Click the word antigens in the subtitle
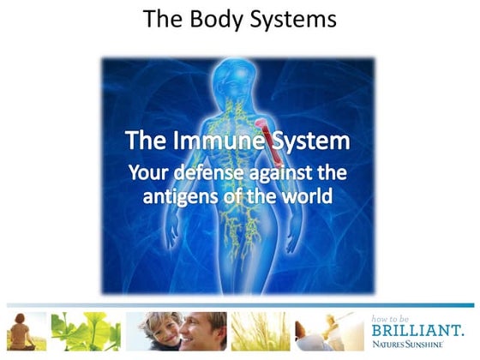tap(188, 195)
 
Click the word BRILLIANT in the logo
tap(418, 329)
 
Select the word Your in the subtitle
tap(147, 171)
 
